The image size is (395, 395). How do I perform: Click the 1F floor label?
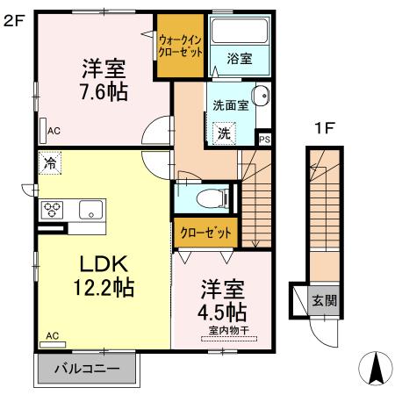pos(324,129)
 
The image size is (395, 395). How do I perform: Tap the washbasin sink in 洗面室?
pos(261,97)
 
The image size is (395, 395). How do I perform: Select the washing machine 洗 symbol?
pos(225,133)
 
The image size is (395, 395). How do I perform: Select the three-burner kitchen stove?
pos(52,210)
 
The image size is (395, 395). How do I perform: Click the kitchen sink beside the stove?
pos(90,210)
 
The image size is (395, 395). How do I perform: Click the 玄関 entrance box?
pos(322,301)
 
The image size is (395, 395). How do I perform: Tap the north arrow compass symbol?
pos(375,369)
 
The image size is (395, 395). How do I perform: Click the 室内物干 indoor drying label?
pos(228,331)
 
